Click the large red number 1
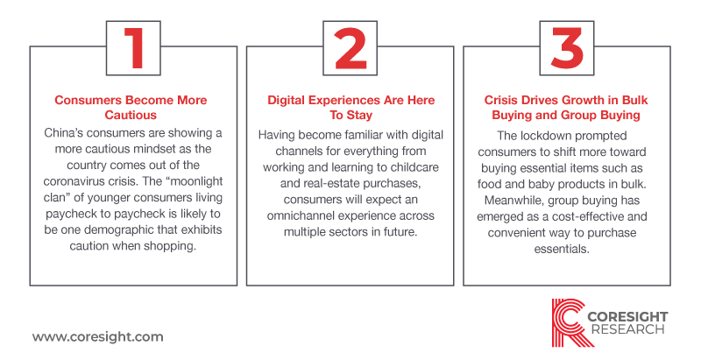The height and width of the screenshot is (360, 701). (x=134, y=48)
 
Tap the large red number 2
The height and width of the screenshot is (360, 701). (x=350, y=48)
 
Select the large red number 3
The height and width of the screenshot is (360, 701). (x=567, y=48)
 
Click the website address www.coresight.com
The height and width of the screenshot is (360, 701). (x=97, y=336)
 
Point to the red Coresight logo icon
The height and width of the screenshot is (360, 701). (x=568, y=322)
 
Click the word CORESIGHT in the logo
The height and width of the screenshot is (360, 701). (x=627, y=317)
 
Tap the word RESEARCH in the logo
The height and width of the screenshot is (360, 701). (x=627, y=329)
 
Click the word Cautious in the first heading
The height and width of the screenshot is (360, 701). (x=131, y=115)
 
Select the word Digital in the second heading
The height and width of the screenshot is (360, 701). (x=287, y=100)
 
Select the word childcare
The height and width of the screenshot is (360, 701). (x=415, y=167)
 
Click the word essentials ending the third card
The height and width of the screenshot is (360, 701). (x=562, y=249)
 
